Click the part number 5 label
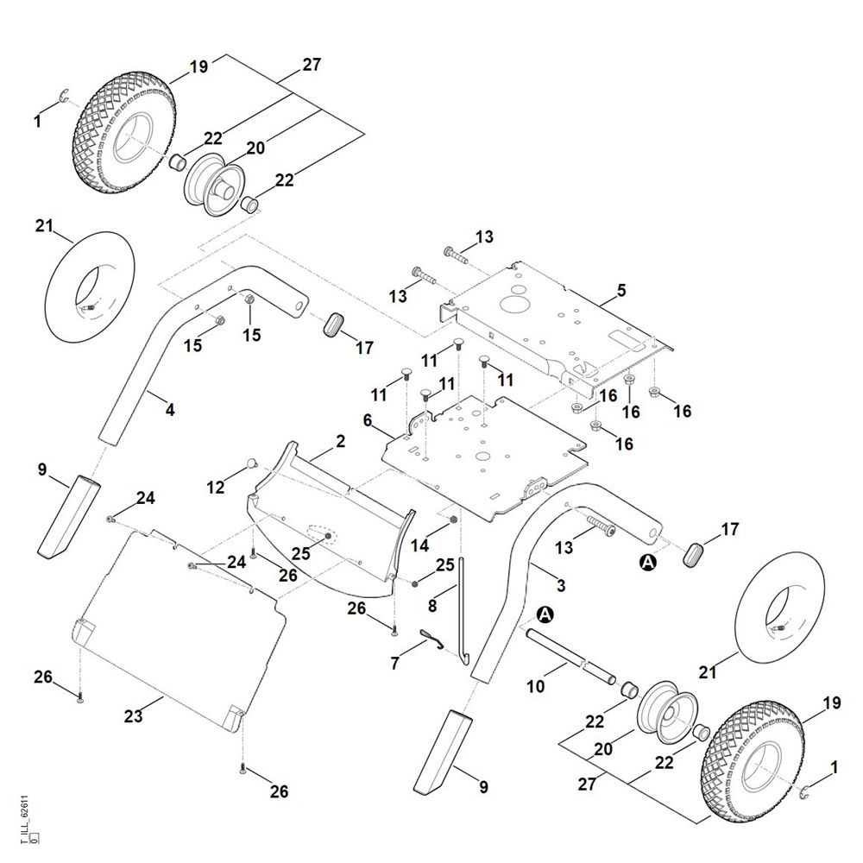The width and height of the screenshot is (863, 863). point(621,292)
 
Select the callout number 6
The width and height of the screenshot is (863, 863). point(368,421)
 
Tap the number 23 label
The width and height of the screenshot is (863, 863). point(134,715)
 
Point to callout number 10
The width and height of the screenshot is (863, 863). point(535,687)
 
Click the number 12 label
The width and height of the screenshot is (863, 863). point(216,488)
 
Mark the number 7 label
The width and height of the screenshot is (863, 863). point(396,664)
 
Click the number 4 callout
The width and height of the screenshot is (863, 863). point(170,410)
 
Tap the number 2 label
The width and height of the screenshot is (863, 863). point(340,441)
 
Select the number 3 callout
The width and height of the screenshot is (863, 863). point(561,586)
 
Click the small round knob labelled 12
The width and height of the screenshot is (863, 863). point(252,463)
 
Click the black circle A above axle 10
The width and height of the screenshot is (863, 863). point(545,614)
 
